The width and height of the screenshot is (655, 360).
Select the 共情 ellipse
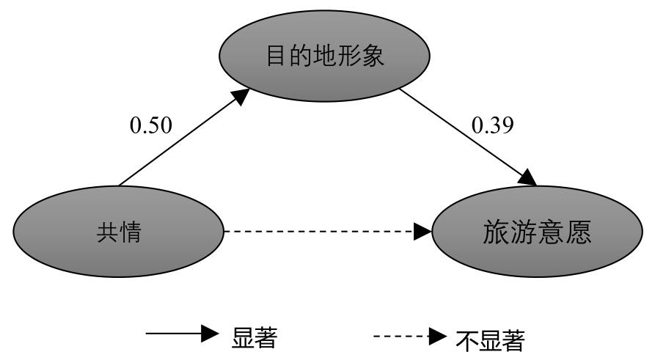pos(118,232)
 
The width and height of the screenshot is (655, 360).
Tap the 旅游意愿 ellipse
pos(538,232)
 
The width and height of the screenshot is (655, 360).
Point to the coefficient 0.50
pos(151,125)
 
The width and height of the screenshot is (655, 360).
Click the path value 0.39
pos(492,125)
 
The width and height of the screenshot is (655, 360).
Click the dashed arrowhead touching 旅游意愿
pos(422,232)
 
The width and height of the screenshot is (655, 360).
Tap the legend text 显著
pos(255,337)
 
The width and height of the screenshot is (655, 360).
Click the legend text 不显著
pos(491,339)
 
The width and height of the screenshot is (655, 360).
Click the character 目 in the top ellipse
pos(275,56)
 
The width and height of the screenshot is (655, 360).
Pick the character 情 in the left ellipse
pos(130,233)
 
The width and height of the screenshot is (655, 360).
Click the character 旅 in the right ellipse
pos(495,232)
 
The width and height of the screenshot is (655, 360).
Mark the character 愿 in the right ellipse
pos(579,232)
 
